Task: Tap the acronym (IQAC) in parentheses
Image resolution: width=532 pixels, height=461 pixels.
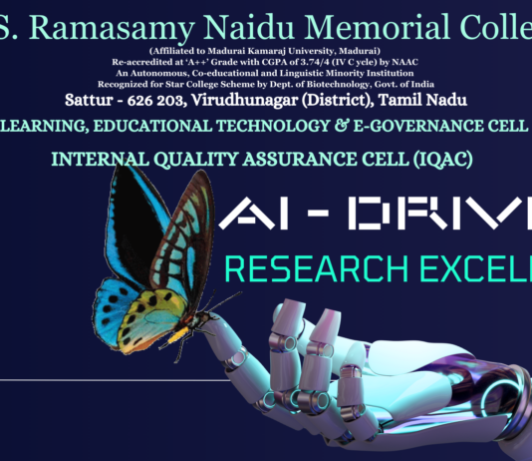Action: click(434, 159)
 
